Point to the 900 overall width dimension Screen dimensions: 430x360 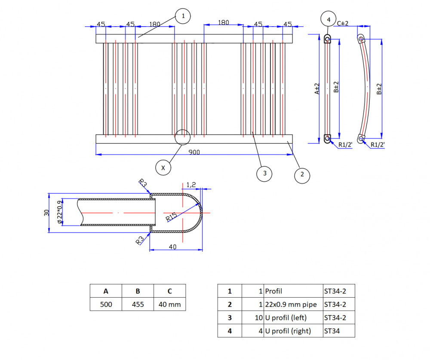coord(194,153)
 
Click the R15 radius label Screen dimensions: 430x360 coord(172,217)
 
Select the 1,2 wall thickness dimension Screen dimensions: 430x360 coord(191,185)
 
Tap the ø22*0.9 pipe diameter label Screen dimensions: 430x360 coord(60,212)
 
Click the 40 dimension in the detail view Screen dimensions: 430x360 coord(172,247)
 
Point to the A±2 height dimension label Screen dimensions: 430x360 coord(317,89)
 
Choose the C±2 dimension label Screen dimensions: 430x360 coord(343,24)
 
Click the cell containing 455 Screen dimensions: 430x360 coord(138,304)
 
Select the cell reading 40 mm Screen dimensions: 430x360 coord(170,304)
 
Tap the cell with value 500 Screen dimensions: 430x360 coord(106,304)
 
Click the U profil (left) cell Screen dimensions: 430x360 coord(293,317)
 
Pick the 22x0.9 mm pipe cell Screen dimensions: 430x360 coord(293,304)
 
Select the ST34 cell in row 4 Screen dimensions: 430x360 coord(339,331)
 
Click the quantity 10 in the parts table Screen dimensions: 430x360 coord(258,318)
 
